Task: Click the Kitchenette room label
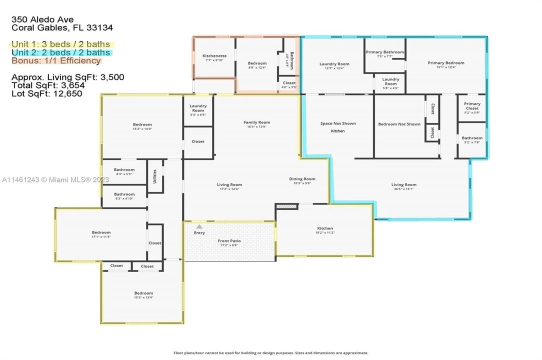(x=214, y=56)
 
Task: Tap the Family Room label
(x=256, y=122)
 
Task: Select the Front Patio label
(x=230, y=241)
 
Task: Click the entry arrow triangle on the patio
(x=199, y=227)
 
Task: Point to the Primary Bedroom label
(x=445, y=63)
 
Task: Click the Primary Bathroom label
(x=384, y=52)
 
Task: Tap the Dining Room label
(x=302, y=179)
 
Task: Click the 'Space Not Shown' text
(x=338, y=123)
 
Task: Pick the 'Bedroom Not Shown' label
(x=399, y=124)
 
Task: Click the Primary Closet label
(x=472, y=106)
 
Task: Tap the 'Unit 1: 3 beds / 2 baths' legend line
(x=61, y=44)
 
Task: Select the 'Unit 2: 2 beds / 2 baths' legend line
(x=61, y=52)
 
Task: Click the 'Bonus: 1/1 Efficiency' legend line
(x=56, y=60)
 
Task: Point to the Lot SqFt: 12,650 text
(x=46, y=93)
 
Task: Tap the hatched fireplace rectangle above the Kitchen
(x=286, y=205)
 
